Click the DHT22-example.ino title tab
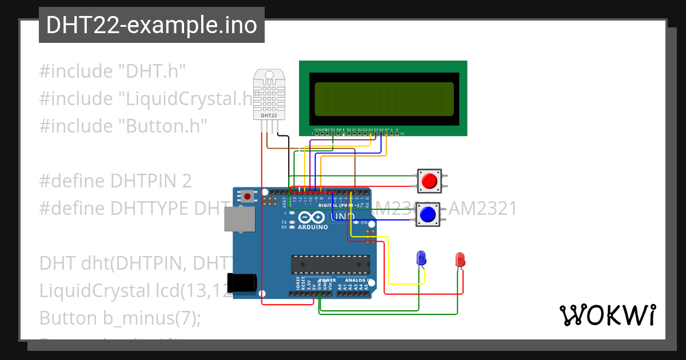point(151,25)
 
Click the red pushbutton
point(428,181)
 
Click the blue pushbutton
point(428,214)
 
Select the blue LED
point(421,258)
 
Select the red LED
point(460,260)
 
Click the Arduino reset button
point(247,196)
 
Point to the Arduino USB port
point(240,219)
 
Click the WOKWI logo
point(607,315)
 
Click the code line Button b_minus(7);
point(120,317)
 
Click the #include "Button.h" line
point(123,126)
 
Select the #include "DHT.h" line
point(112,71)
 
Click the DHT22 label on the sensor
point(269,116)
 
